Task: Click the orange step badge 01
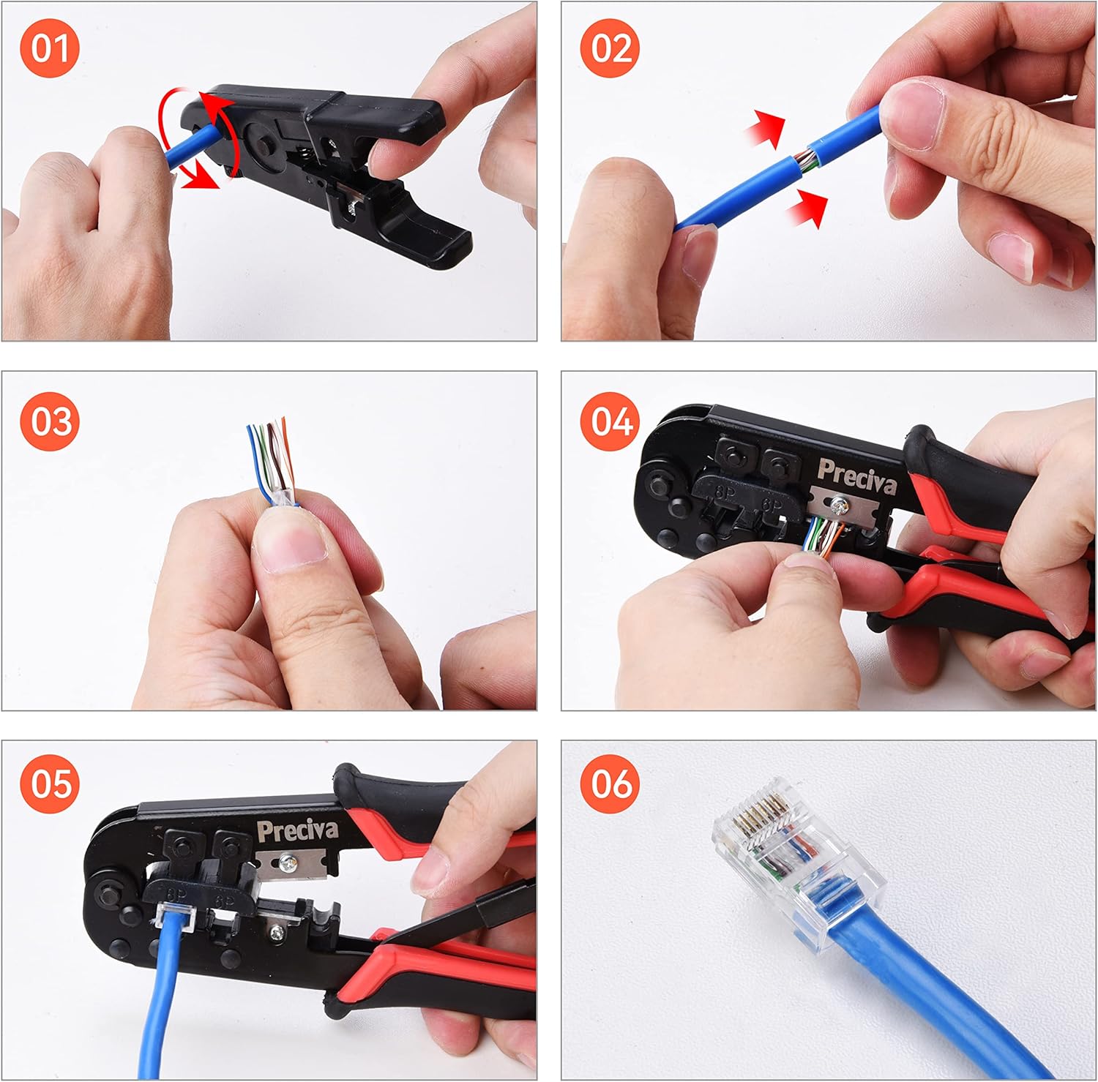tap(49, 49)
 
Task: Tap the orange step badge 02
tap(609, 49)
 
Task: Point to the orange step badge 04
tap(609, 422)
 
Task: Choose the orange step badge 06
tap(609, 784)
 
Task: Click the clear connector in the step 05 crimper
tap(173, 914)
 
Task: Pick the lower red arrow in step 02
tap(807, 207)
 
